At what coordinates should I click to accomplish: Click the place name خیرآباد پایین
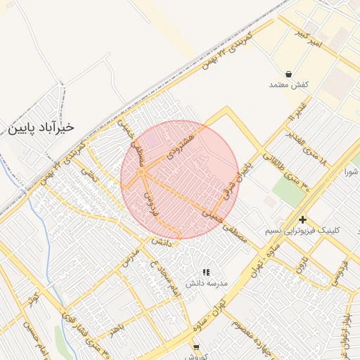coord(41,128)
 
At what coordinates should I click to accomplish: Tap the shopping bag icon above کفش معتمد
coord(289,73)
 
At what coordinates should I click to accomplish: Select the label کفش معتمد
coord(289,84)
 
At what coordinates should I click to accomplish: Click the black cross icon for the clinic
coord(302,219)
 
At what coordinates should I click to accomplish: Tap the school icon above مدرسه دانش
coord(206,271)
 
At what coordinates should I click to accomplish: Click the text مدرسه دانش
coord(207,283)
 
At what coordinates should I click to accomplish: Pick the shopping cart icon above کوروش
coord(196,347)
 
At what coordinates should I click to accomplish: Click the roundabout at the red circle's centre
coord(141,171)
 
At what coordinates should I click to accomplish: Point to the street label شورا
coord(352,171)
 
